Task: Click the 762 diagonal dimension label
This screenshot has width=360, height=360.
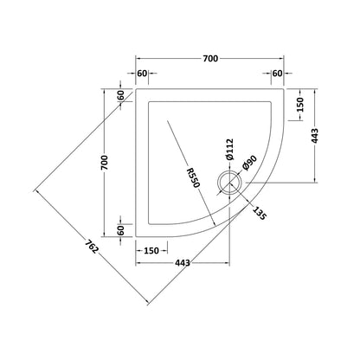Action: pyautogui.click(x=92, y=247)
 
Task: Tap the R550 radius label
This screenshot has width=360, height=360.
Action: pyautogui.click(x=193, y=177)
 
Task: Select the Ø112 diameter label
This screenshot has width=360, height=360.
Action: pyautogui.click(x=229, y=150)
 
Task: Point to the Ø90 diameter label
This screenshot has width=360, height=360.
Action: pyautogui.click(x=250, y=163)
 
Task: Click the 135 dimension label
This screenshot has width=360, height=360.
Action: pyautogui.click(x=259, y=213)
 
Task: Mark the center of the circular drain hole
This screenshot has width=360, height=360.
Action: pyautogui.click(x=229, y=183)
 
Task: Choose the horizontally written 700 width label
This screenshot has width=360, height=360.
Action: pyautogui.click(x=210, y=59)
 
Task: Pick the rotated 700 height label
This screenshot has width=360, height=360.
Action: pyautogui.click(x=105, y=163)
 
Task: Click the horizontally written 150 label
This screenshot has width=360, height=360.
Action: pyautogui.click(x=151, y=251)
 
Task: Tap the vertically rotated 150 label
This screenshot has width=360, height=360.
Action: pyautogui.click(x=300, y=105)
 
